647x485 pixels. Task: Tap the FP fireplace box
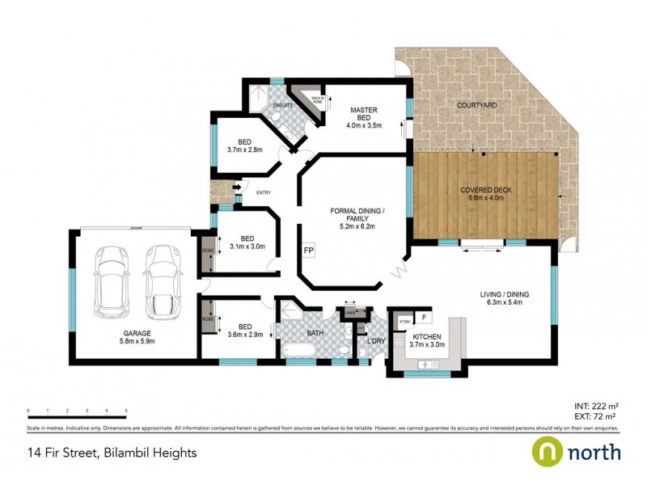tap(308, 251)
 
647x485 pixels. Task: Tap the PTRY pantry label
tap(405, 323)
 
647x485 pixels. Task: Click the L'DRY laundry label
tap(377, 342)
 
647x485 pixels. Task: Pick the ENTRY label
tap(263, 192)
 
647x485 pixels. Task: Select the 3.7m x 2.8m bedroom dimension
tap(244, 150)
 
